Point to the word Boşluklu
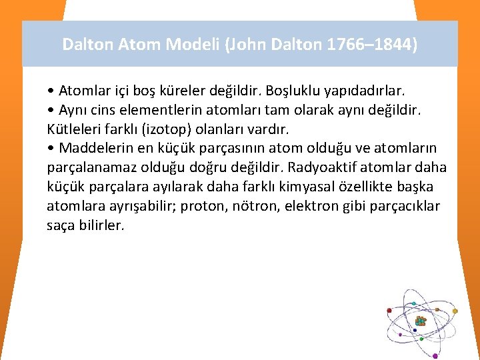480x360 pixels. click(x=288, y=89)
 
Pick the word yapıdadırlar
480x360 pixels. click(x=369, y=89)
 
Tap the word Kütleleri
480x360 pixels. click(x=73, y=128)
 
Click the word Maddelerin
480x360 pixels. click(x=93, y=147)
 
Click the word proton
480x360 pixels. click(x=206, y=205)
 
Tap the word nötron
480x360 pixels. click(x=255, y=205)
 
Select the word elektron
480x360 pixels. click(x=312, y=205)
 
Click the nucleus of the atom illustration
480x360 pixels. click(x=420, y=321)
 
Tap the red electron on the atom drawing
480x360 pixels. click(x=389, y=310)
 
